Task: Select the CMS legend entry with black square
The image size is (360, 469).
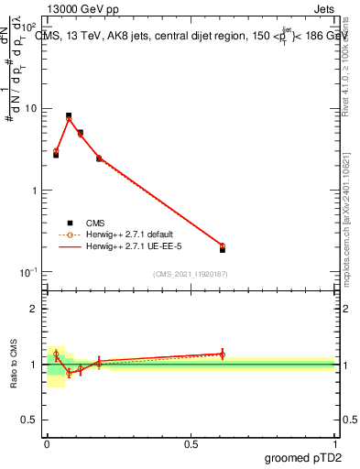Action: pyautogui.click(x=95, y=222)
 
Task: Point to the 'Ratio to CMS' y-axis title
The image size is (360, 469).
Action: pyautogui.click(x=15, y=363)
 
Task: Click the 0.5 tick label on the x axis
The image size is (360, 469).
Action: pyautogui.click(x=190, y=445)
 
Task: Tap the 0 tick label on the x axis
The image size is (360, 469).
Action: pyautogui.click(x=47, y=445)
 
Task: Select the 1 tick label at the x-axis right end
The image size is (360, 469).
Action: pyautogui.click(x=334, y=445)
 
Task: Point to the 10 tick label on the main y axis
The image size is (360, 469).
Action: pyautogui.click(x=27, y=109)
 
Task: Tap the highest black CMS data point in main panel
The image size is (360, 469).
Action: pyautogui.click(x=69, y=116)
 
